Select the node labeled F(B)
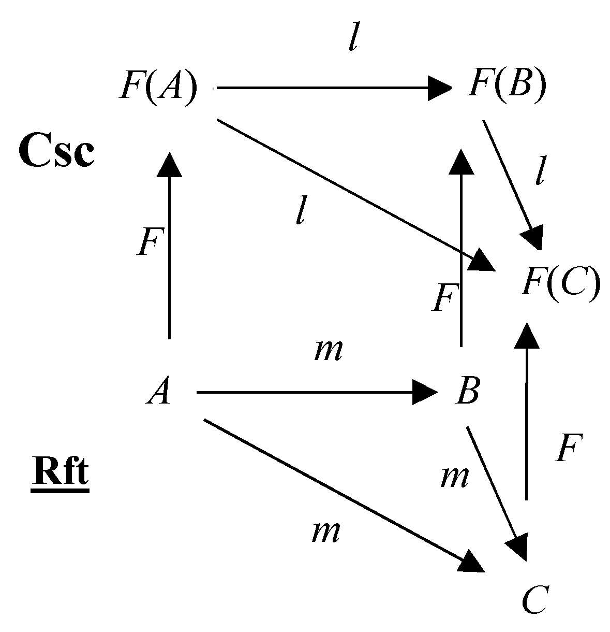click(507, 85)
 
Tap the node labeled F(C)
click(560, 282)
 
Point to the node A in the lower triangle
click(158, 393)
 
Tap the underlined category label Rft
click(60, 474)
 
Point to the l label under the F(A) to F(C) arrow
click(300, 210)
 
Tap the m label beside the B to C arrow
click(454, 477)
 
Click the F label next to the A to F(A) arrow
click(150, 242)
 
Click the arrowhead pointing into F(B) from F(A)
click(440, 88)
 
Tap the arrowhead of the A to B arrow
click(425, 393)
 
